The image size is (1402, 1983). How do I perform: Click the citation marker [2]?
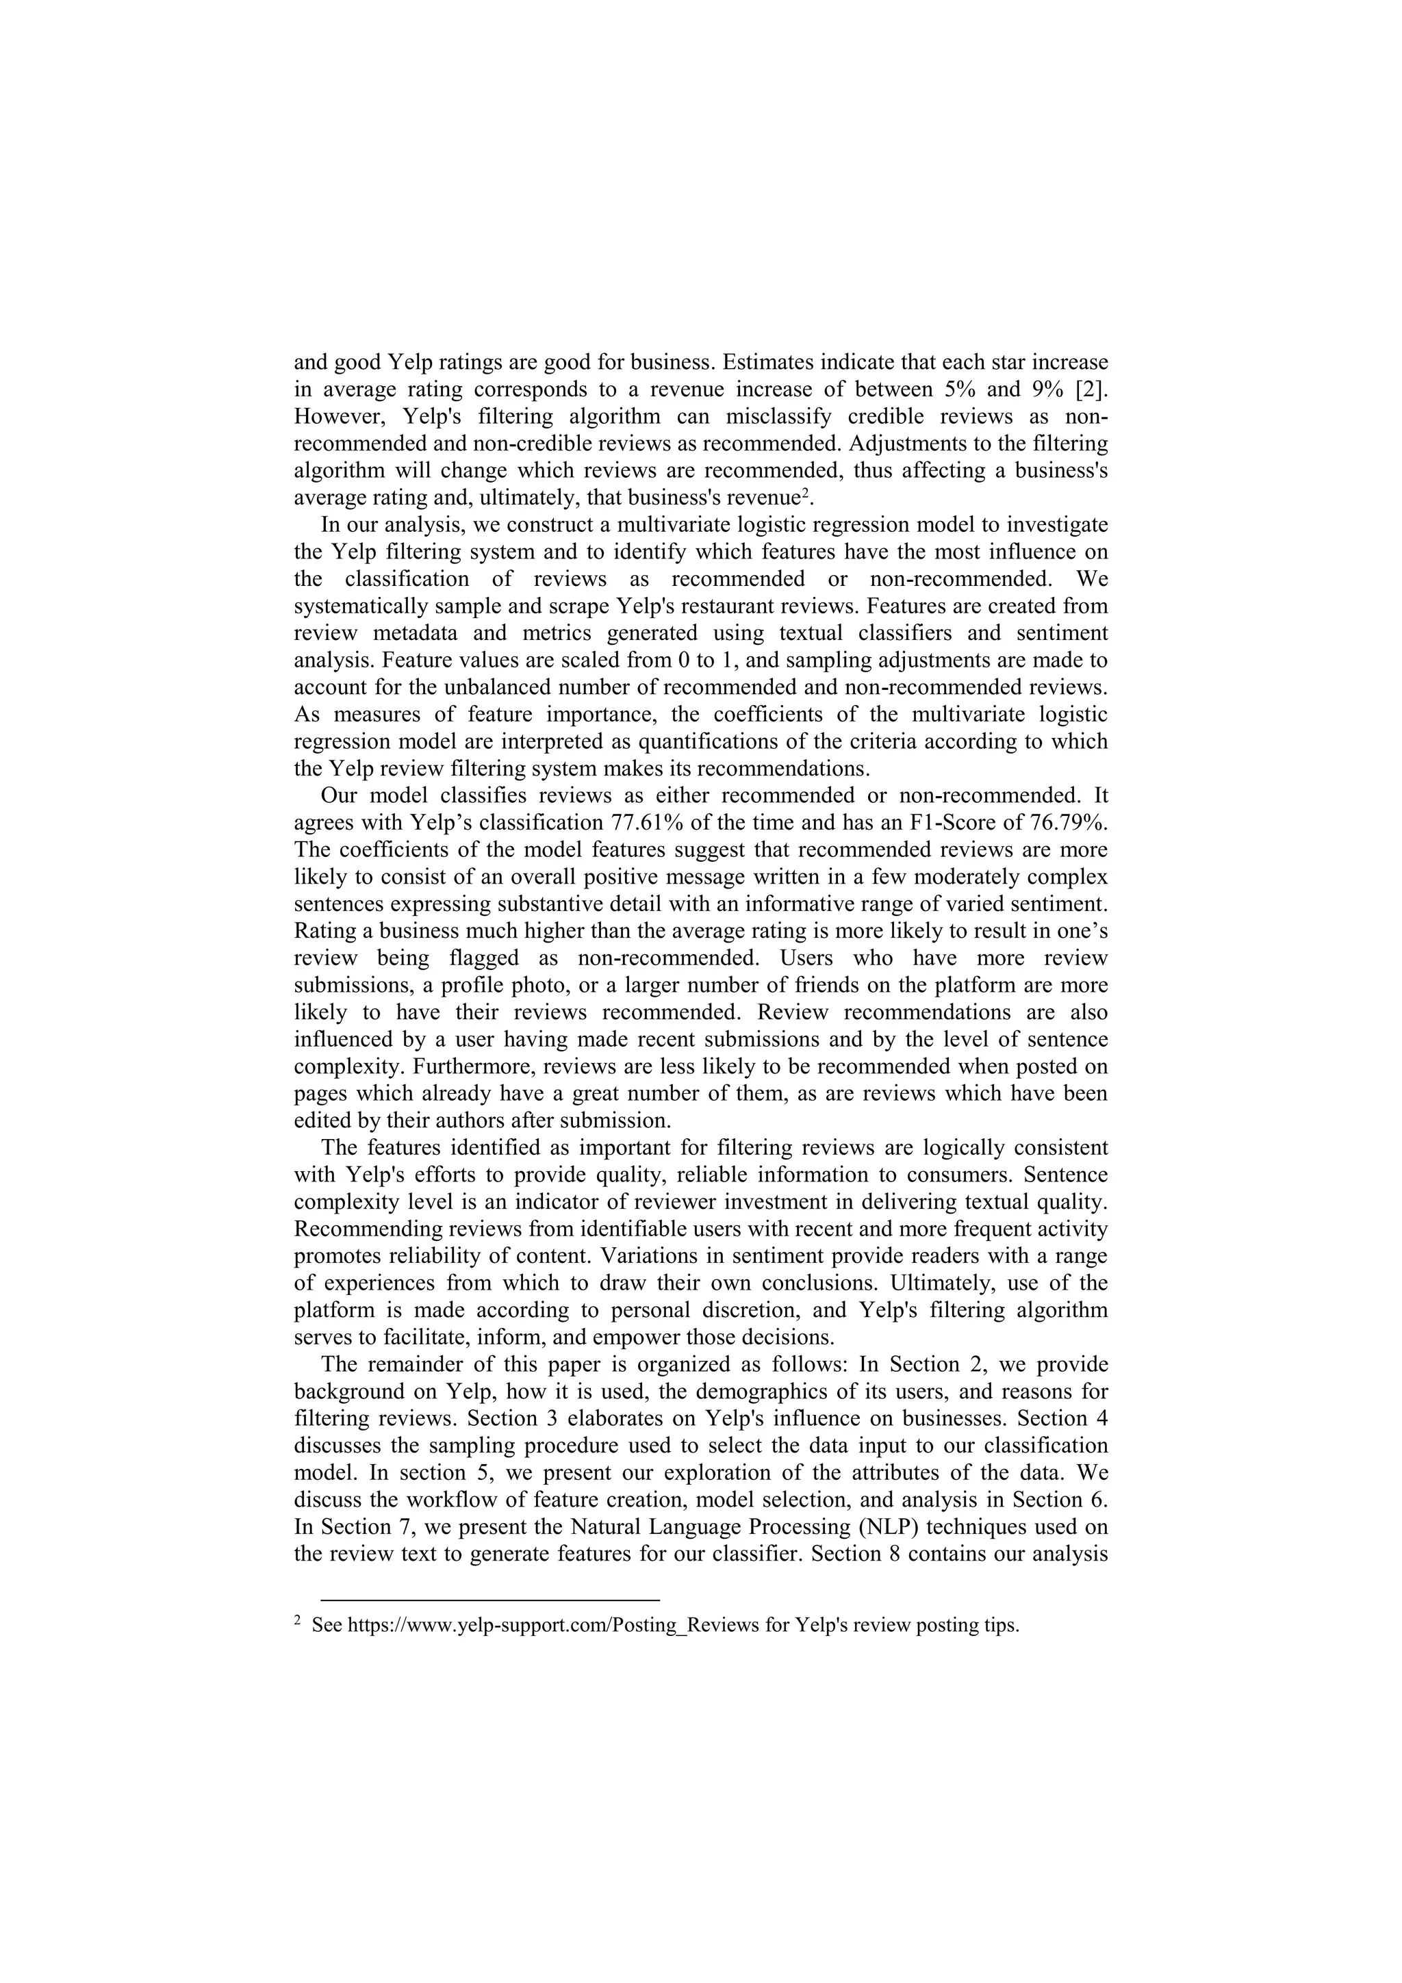coord(1090,389)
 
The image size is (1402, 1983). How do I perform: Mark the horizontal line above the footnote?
coord(489,1600)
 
